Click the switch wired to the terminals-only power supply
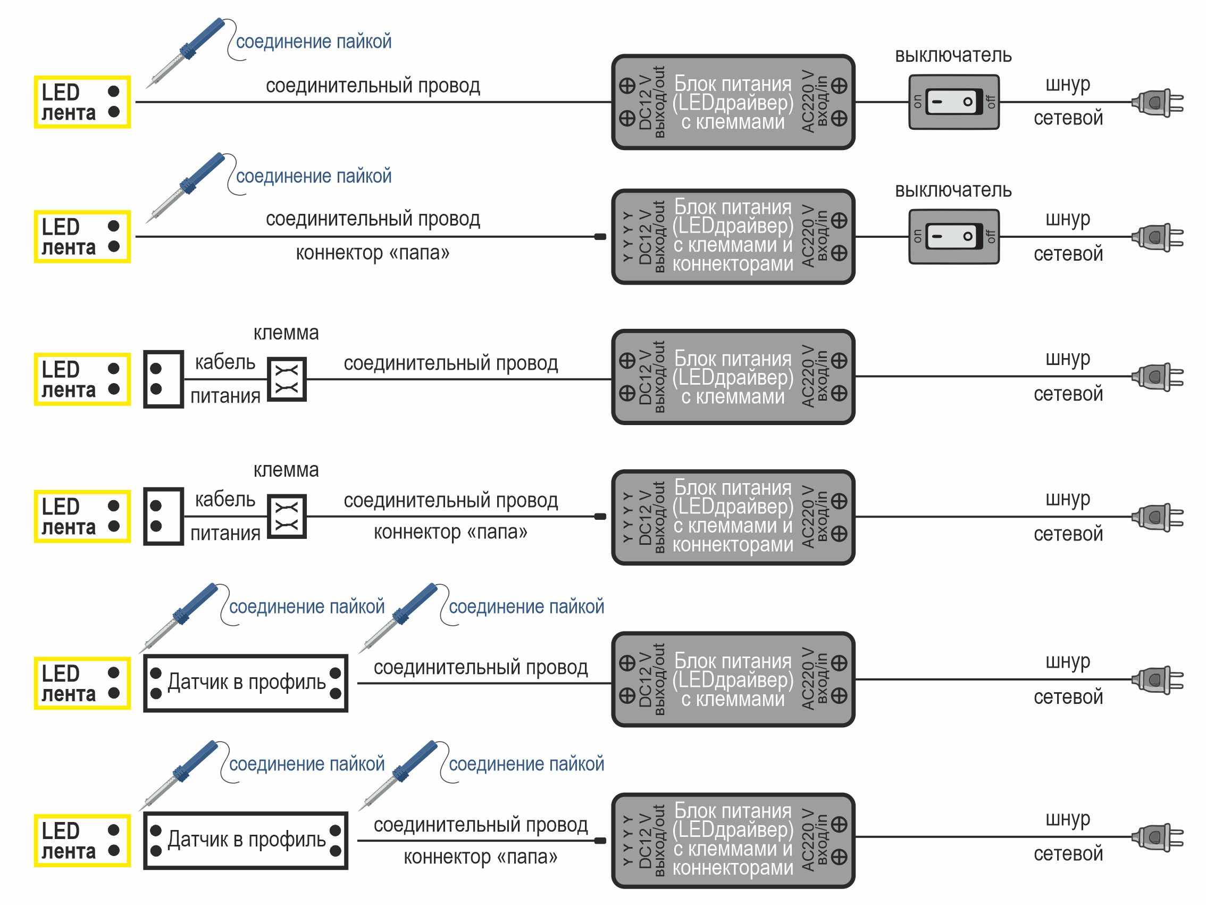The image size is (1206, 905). coord(953,102)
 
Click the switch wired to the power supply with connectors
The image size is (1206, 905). coord(953,237)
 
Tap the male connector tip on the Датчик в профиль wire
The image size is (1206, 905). coord(600,841)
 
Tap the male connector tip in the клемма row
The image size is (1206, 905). coord(600,517)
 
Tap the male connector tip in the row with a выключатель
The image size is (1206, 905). coord(600,237)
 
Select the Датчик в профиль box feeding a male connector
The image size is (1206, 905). coord(246,841)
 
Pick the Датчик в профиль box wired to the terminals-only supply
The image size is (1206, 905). coord(246,683)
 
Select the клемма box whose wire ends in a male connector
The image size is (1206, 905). coord(287,517)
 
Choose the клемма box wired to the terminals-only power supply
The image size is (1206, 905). coord(287,379)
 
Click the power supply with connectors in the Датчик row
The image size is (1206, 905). coord(733,841)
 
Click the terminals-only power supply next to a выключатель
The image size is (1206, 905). coord(733,102)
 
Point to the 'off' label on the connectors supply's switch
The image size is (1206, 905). coord(991,237)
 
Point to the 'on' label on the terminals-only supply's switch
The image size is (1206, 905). coord(917,102)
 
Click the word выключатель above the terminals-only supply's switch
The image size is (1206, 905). coord(953,55)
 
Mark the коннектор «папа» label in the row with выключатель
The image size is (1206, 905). coord(372,253)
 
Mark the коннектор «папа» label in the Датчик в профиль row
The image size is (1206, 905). coord(480,857)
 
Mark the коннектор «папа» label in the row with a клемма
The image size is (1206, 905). coord(450,532)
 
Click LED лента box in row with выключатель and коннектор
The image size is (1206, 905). coord(82,237)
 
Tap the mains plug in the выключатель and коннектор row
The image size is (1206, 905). coord(1158,237)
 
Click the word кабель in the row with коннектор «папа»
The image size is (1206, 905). coord(225,500)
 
